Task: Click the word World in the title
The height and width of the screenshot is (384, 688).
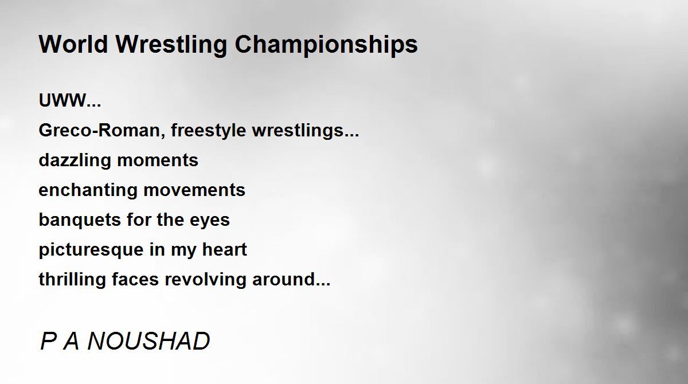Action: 73,44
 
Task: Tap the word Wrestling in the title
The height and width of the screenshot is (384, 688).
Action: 171,45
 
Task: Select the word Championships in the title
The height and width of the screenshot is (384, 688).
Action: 326,45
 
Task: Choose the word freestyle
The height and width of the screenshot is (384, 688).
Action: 209,131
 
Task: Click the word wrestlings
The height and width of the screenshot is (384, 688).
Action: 298,131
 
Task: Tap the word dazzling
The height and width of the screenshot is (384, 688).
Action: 75,160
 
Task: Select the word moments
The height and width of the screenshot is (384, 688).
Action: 158,160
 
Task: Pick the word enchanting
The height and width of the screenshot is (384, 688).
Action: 88,190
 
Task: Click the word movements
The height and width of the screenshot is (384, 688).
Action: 194,190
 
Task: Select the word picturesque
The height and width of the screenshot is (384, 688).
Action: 91,250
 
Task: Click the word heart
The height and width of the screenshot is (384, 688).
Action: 225,249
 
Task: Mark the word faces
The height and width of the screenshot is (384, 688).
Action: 135,280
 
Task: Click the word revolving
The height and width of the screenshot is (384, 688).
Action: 205,280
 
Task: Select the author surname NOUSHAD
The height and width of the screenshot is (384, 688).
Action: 148,341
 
